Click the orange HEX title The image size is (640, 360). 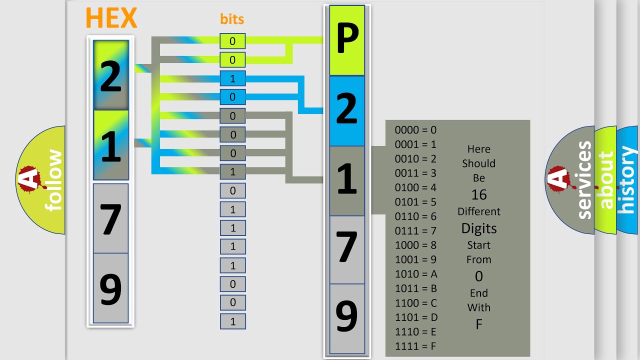point(111,17)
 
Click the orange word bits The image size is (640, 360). point(232,19)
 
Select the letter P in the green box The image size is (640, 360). point(347,38)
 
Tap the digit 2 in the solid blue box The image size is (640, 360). point(347,109)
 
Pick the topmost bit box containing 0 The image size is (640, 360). point(232,41)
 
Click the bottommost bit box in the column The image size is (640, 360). point(233,321)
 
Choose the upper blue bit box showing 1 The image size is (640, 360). point(232,78)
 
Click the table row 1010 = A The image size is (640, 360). point(416,274)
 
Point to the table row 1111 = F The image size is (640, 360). point(415,346)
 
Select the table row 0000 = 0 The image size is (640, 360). point(415,130)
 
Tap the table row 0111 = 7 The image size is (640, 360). point(415,230)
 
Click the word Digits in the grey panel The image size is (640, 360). point(479,229)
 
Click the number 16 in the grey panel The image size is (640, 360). point(479,195)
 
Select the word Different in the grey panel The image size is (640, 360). point(479,211)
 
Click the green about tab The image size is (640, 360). point(606,179)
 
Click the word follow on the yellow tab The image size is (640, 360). point(53,180)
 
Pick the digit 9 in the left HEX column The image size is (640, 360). point(110,289)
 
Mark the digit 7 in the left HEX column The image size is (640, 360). point(110,219)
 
